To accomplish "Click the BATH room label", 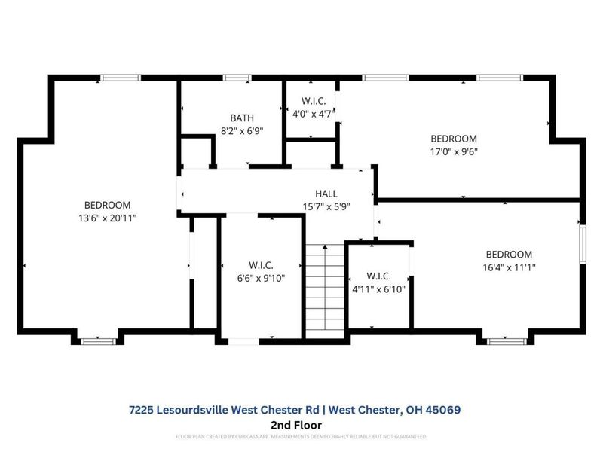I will tap(242, 118).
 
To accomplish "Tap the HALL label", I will tap(326, 194).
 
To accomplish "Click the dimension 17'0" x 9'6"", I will tap(454, 151).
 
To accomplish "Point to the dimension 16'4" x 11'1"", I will tap(509, 267).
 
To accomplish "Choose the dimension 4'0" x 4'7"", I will tap(312, 113).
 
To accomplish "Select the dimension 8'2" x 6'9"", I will tap(242, 130).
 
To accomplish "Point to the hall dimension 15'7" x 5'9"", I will tap(326, 206).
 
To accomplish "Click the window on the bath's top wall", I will tap(237, 78).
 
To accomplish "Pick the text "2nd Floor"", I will tap(301, 425).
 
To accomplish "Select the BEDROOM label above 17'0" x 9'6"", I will tap(454, 139).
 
